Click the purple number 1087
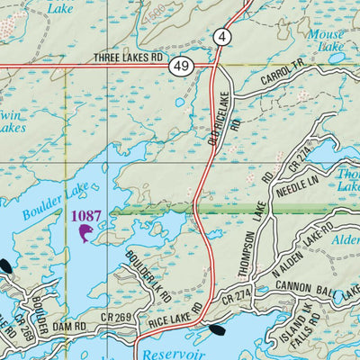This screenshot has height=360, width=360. pyautogui.click(x=86, y=216)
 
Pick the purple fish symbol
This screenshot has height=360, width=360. pyautogui.click(x=86, y=234)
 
